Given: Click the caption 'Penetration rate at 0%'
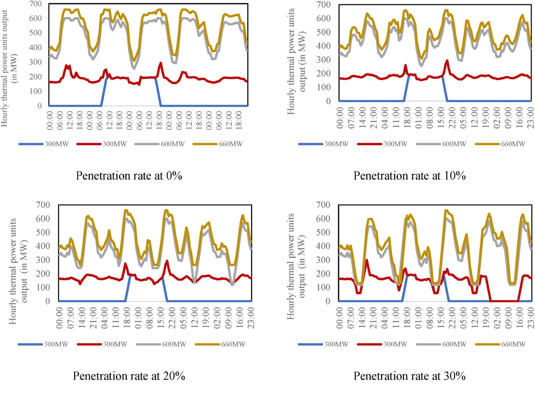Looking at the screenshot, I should coord(129,176).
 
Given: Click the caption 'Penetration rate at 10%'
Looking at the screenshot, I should coord(409,176).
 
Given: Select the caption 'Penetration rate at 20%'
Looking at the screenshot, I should coord(129,375).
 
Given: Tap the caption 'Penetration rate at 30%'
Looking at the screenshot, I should coord(409,375).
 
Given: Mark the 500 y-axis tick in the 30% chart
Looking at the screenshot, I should coord(327,232).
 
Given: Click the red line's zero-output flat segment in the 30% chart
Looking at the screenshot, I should coord(504,301).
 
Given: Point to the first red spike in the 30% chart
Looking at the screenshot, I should coord(366,260).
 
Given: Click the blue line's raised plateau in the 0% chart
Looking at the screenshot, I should coord(131,78).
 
